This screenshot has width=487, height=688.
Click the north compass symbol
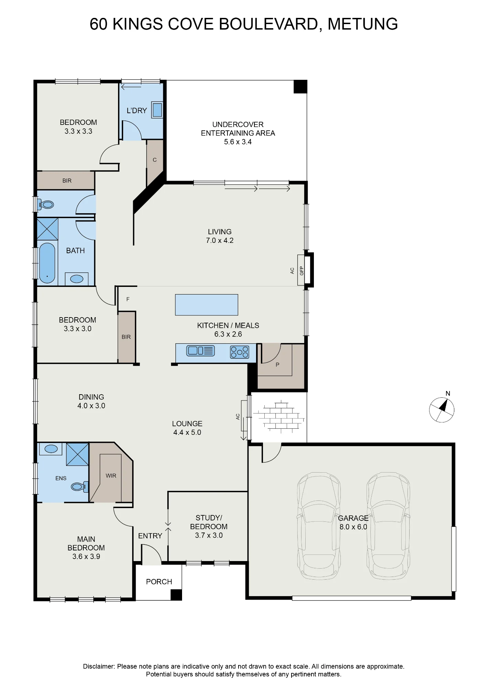point(442,410)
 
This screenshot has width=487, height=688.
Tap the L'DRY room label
point(137,110)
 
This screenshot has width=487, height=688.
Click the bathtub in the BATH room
point(47,263)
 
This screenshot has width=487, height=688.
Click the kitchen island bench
point(207,305)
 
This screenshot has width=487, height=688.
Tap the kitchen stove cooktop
point(240,352)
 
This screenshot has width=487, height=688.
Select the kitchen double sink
point(200,351)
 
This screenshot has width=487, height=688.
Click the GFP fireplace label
point(302,271)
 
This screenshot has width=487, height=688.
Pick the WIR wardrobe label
point(111,476)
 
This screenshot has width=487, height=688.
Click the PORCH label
point(159,582)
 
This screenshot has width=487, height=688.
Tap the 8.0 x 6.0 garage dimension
point(353,527)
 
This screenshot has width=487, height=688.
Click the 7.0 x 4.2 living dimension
point(220,240)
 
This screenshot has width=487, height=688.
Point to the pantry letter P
point(277,365)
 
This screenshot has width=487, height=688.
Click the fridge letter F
point(128,299)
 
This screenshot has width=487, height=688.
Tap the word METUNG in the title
point(363,24)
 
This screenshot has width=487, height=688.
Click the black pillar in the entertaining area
point(300,87)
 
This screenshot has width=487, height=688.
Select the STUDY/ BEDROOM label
point(209,522)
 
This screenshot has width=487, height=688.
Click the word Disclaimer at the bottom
point(99,666)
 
